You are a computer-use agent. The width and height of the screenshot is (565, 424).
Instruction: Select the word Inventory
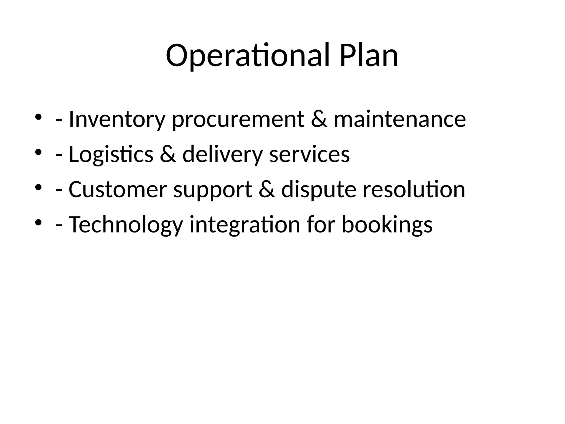(x=116, y=120)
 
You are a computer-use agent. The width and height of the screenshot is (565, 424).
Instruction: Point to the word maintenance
(x=400, y=119)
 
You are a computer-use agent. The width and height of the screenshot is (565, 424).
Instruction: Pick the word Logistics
(x=111, y=155)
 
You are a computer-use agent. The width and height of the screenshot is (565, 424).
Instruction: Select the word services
(x=309, y=154)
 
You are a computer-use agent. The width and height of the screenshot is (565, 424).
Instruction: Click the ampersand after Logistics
(x=168, y=154)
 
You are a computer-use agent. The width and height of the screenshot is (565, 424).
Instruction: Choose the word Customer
(x=118, y=190)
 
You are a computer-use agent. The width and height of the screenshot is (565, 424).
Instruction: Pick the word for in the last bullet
(x=321, y=224)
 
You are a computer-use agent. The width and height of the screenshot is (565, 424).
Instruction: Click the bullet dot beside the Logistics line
(x=38, y=152)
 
